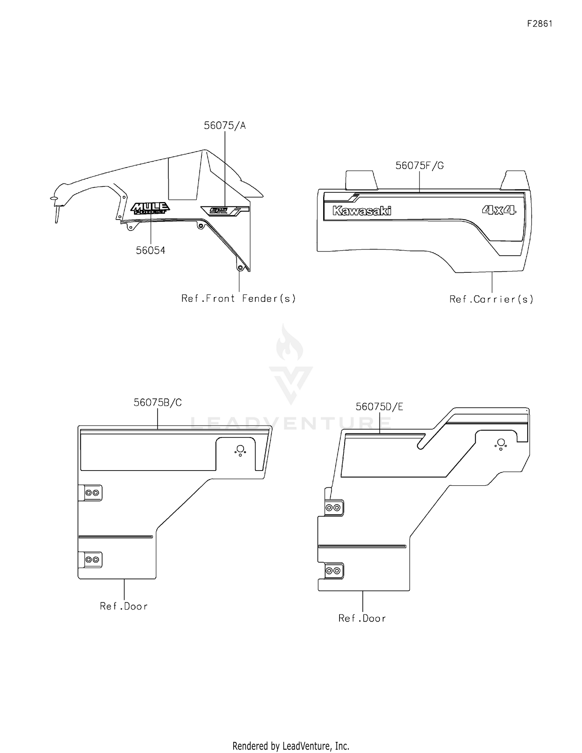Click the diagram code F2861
pyautogui.click(x=539, y=24)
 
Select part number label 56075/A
pyautogui.click(x=225, y=125)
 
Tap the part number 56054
pyautogui.click(x=151, y=251)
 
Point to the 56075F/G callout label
pyautogui.click(x=419, y=166)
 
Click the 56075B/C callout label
pyautogui.click(x=158, y=403)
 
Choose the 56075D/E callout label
pyautogui.click(x=379, y=407)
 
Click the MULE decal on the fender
pyautogui.click(x=150, y=209)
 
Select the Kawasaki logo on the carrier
pyautogui.click(x=362, y=211)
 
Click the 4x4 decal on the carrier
pyautogui.click(x=499, y=210)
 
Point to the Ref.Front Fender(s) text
pyautogui.click(x=239, y=298)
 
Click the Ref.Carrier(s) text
pyautogui.click(x=491, y=299)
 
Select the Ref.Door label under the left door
pyautogui.click(x=124, y=606)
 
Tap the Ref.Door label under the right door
pyautogui.click(x=362, y=618)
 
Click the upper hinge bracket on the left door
pyautogui.click(x=92, y=493)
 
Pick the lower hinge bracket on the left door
pyautogui.click(x=92, y=560)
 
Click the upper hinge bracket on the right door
pyautogui.click(x=333, y=507)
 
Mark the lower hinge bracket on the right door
pyautogui.click(x=333, y=570)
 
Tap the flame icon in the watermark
pyautogui.click(x=289, y=344)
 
